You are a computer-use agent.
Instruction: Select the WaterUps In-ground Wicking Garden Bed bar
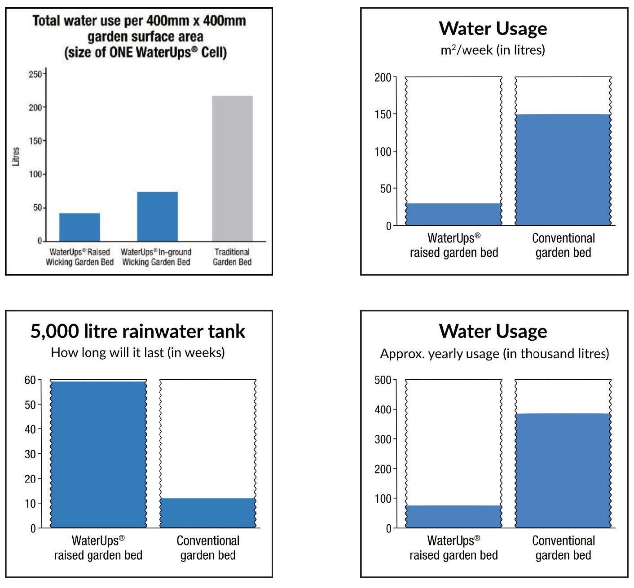pos(157,216)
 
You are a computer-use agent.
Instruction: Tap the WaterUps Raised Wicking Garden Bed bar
pos(79,227)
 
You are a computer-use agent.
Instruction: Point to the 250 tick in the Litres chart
pos(35,74)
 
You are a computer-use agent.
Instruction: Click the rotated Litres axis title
pos(16,156)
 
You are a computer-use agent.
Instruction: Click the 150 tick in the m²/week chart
pos(383,114)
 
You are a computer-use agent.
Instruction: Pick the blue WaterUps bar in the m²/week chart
pos(453,214)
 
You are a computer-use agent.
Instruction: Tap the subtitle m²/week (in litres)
pos(493,50)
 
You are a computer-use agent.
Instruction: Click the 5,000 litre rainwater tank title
pos(138,331)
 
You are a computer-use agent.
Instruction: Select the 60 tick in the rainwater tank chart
pos(30,380)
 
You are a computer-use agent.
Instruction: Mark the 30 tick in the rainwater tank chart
pos(30,454)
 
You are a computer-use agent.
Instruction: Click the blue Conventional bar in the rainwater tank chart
pos(208,513)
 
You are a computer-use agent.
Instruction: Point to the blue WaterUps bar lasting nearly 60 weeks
pos(98,454)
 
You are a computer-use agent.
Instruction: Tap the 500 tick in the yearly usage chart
pos(383,380)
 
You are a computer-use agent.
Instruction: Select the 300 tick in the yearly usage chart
pos(383,439)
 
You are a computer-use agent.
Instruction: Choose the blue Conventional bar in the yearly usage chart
pos(563,470)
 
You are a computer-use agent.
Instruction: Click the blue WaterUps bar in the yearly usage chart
pos(453,516)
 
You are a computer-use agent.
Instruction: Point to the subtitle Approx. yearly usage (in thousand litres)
pos(494,354)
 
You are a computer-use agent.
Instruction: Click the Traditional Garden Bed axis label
pos(232,257)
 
